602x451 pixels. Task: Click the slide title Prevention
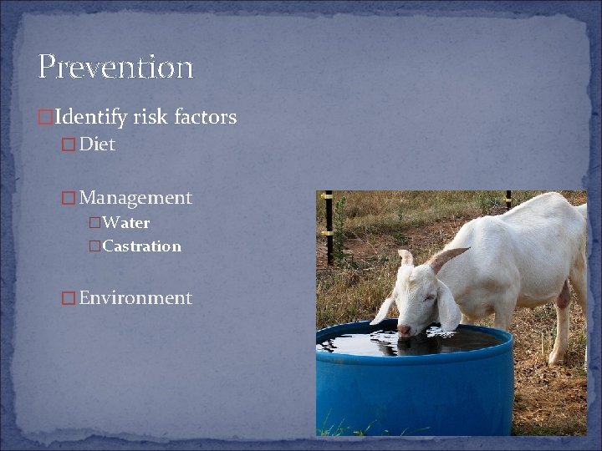pos(115,67)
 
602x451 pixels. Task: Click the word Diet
pos(97,144)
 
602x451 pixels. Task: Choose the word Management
pos(135,198)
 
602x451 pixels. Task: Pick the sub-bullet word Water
pos(125,223)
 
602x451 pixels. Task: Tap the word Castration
pos(141,246)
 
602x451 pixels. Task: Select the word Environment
pos(135,298)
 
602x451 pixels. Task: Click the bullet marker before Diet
pos(69,145)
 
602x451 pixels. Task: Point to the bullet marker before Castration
pos(94,247)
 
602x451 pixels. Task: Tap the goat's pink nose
pos(406,330)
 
